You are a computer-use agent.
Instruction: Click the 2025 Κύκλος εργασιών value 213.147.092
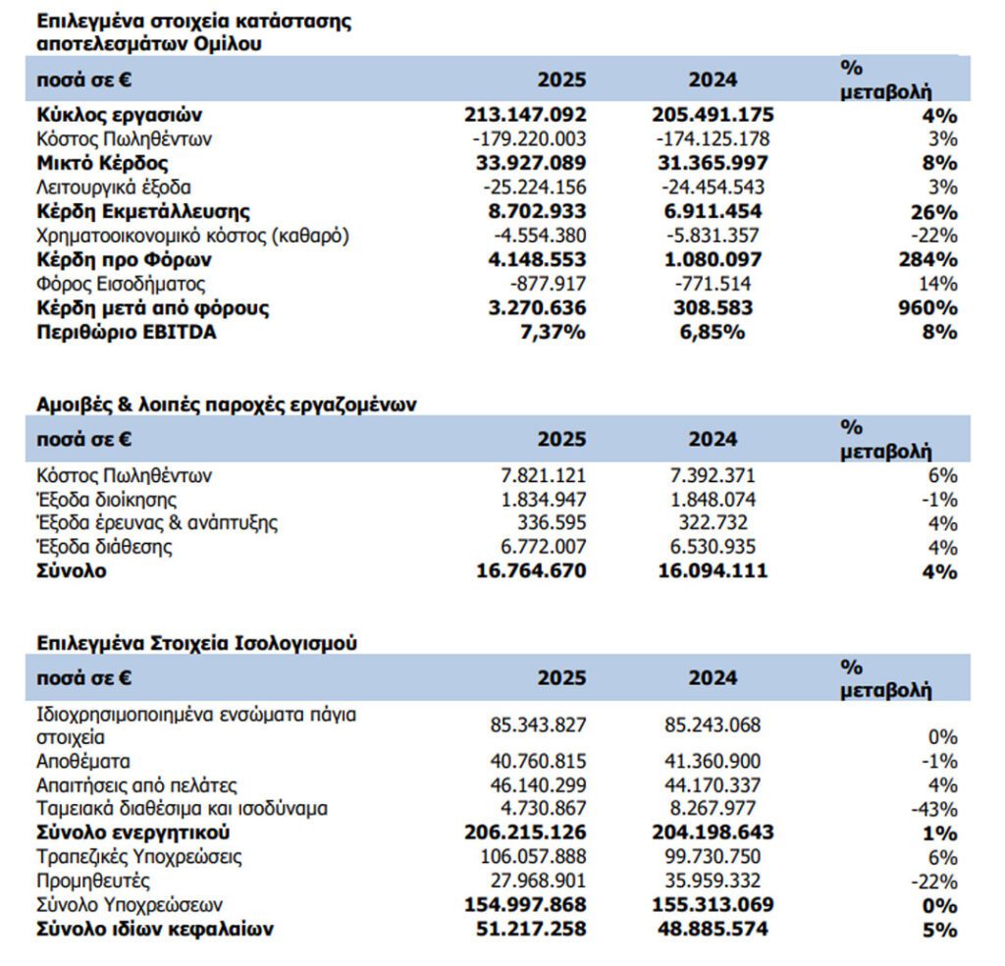tap(525, 115)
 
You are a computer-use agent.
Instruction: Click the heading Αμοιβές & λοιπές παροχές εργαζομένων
tap(227, 405)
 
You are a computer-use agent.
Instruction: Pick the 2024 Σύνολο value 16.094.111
tap(712, 570)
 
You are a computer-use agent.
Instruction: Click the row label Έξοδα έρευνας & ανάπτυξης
tap(157, 522)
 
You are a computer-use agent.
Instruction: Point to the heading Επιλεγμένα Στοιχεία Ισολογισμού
tap(196, 643)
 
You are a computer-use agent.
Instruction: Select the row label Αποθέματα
tap(83, 761)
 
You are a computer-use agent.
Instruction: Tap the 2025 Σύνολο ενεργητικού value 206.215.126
tap(525, 832)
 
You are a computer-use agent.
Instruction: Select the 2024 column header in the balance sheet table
tap(714, 677)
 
